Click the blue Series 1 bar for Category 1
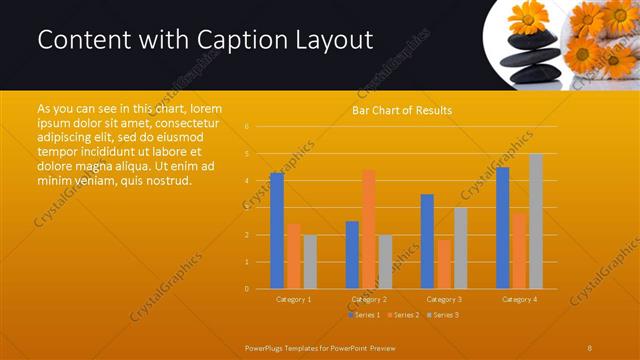point(277,231)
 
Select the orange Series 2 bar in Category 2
point(369,229)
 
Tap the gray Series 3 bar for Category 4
point(536,221)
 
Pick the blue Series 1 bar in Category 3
point(427,241)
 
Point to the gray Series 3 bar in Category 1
point(310,262)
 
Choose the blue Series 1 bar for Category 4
point(503,228)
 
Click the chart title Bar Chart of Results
point(401,110)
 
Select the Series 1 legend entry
point(364,315)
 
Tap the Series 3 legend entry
point(443,315)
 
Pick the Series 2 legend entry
point(404,315)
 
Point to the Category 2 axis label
point(369,299)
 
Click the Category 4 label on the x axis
point(519,299)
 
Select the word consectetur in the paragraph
point(186,120)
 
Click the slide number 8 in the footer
point(590,346)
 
